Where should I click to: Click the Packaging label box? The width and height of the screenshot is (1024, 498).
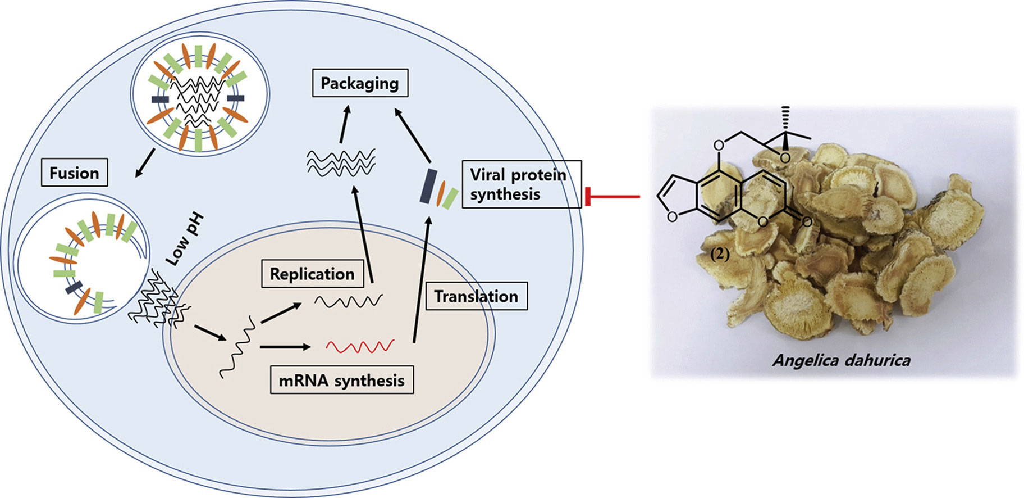360,83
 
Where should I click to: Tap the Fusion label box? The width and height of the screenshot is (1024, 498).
74,173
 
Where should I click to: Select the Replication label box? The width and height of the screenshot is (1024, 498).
312,274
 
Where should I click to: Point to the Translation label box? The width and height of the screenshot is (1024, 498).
476,296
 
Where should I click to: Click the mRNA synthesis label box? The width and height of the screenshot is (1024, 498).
341,381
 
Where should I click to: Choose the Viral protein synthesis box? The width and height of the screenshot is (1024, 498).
522,184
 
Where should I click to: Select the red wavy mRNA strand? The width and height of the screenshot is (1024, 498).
360,346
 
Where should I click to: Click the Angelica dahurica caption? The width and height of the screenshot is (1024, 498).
841,360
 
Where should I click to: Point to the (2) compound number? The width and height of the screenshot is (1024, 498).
720,254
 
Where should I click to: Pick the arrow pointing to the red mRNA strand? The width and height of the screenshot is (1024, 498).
285,347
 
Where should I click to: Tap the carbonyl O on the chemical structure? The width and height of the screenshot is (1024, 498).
807,222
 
